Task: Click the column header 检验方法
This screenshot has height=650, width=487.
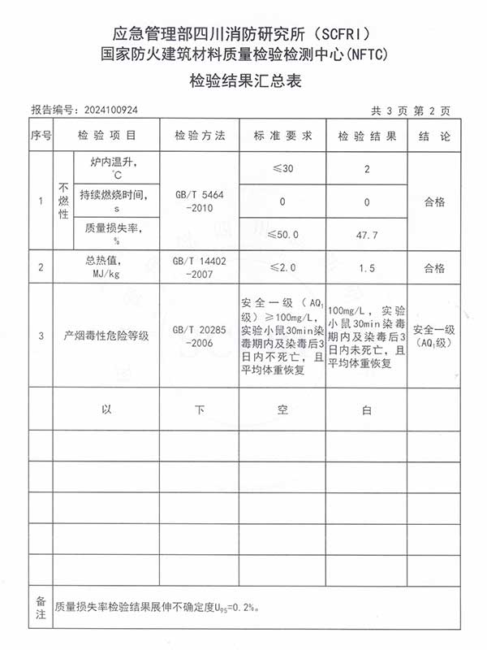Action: (199, 135)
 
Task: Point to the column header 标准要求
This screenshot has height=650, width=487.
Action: (282, 135)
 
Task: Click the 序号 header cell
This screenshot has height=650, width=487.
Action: (41, 135)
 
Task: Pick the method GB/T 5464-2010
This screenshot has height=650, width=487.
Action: (199, 201)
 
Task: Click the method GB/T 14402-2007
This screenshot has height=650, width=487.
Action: (199, 268)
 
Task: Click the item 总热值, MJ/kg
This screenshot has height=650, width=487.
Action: (106, 267)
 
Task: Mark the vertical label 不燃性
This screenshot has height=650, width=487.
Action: (62, 201)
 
